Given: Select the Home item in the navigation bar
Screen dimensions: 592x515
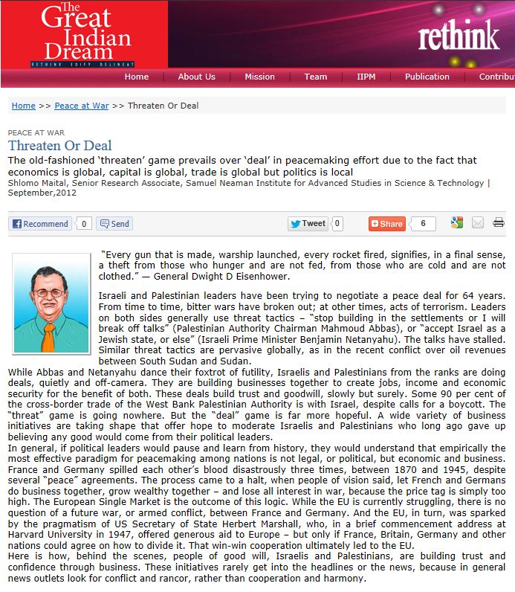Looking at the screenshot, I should click(137, 77).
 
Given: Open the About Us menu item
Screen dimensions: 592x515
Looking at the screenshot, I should click(196, 77).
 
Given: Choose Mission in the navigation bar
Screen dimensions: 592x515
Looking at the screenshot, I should click(259, 77).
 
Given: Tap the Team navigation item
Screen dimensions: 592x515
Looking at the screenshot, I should click(315, 77).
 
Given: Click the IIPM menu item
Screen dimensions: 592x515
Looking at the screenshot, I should click(366, 77).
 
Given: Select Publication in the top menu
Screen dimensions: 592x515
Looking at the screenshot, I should click(427, 77).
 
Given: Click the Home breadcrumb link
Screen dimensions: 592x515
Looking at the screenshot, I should click(23, 106).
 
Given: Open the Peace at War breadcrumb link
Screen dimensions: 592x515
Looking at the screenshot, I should click(82, 106).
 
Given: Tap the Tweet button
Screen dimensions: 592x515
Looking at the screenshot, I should click(308, 223).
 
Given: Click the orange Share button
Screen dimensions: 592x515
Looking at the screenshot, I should click(387, 223).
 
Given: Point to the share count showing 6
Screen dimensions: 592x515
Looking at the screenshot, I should click(423, 223).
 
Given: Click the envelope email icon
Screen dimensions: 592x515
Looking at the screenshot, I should click(477, 222).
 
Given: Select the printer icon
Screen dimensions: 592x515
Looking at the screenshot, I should click(498, 222).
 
